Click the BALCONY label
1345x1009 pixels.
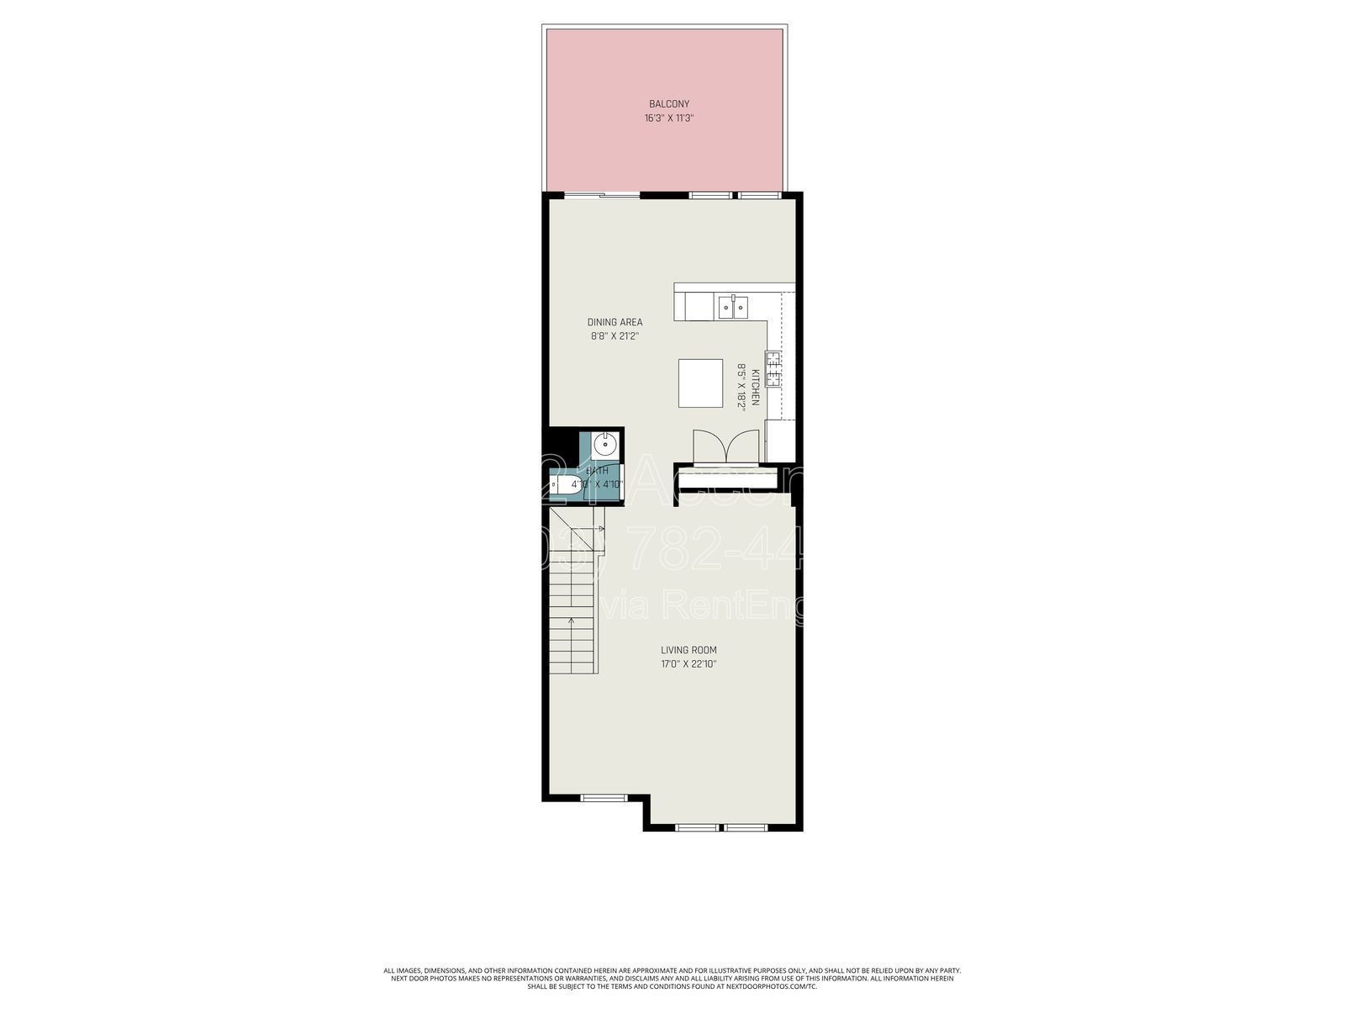[668, 104]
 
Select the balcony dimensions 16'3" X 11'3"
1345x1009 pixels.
[668, 119]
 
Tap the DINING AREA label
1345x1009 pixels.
[614, 322]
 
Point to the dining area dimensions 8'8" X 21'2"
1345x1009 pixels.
[614, 336]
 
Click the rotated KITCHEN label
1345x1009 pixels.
[755, 388]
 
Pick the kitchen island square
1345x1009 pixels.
[700, 383]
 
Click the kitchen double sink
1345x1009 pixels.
[732, 307]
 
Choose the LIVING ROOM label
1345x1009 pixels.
[688, 650]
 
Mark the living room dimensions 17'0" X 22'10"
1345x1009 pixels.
[688, 664]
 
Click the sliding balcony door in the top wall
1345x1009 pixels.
[601, 196]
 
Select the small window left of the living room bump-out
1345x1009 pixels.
[604, 797]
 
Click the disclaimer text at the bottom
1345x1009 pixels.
[672, 978]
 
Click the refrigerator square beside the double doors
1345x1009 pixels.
[779, 440]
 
